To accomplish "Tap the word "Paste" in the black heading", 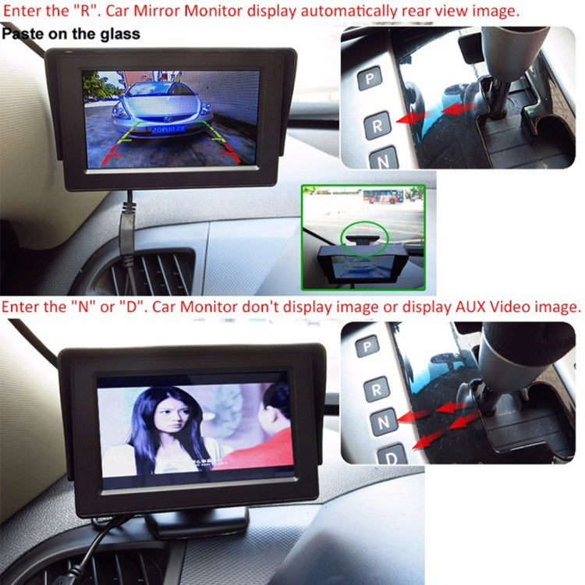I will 23,34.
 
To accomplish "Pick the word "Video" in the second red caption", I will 488,307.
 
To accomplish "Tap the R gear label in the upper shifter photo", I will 378,124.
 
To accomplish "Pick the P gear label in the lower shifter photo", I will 367,346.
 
